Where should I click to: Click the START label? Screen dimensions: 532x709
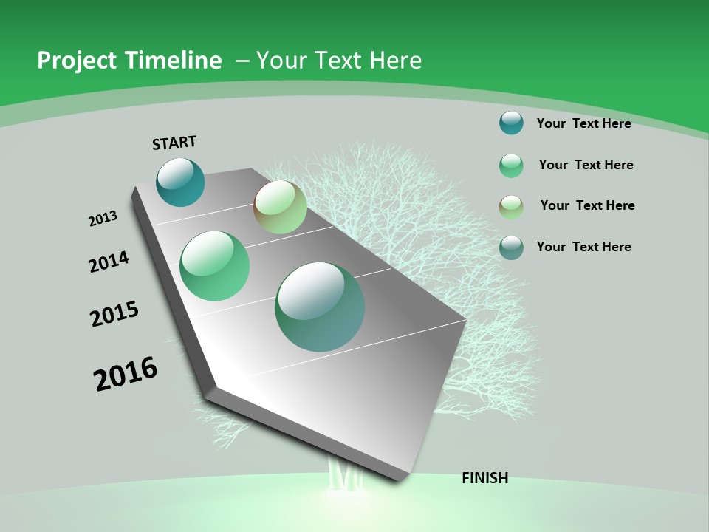point(174,143)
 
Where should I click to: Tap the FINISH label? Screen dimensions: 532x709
point(485,478)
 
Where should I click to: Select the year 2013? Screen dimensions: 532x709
point(103,219)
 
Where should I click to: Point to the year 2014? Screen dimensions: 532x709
point(109,262)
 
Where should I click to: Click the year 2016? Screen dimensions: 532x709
point(126,374)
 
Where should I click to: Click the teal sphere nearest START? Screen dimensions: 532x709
point(180,182)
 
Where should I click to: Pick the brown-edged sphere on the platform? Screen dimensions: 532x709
point(281,207)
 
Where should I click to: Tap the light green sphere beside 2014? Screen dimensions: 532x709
point(215,266)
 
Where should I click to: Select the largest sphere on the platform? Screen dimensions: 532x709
point(320,307)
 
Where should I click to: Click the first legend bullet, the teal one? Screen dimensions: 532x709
point(511,123)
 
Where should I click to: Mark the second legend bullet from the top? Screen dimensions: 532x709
point(511,166)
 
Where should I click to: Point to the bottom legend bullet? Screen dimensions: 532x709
point(511,248)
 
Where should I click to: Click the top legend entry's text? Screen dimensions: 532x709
point(583,123)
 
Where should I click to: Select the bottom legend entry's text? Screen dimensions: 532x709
point(583,247)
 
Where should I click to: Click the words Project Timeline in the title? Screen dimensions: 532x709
point(129,61)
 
